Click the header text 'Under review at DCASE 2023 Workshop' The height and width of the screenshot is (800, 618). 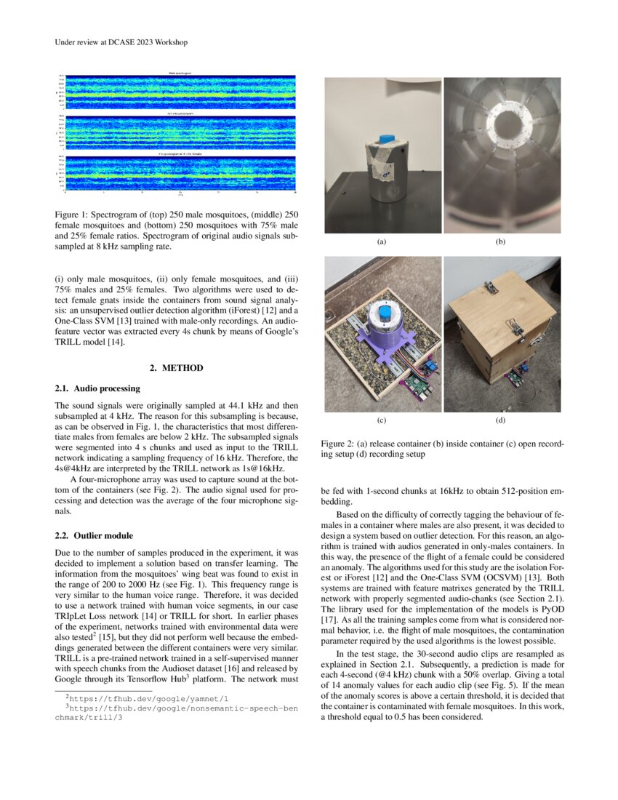pos(121,42)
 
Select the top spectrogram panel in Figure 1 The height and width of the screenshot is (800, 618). pos(180,92)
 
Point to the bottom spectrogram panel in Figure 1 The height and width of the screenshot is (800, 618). pos(180,173)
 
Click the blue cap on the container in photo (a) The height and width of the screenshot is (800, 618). pos(385,138)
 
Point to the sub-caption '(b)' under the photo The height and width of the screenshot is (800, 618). pos(500,241)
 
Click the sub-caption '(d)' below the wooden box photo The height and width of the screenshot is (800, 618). pos(500,420)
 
